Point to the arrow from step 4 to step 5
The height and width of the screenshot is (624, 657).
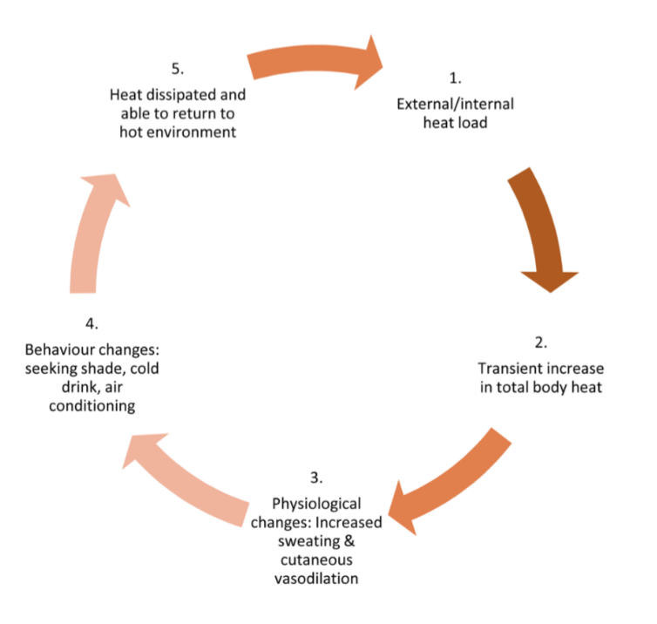92,236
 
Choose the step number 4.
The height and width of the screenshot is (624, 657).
91,324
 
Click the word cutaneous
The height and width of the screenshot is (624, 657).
316,560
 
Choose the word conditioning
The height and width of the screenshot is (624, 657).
91,406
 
